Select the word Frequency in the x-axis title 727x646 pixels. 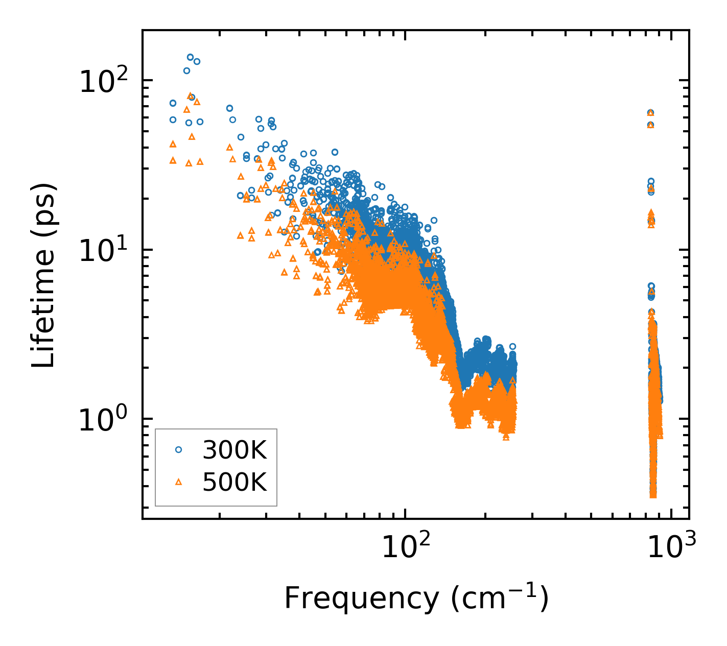tap(361, 599)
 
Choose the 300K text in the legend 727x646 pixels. tap(234, 450)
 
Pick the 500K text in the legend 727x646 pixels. tap(234, 482)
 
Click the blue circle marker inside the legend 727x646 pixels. tap(178, 449)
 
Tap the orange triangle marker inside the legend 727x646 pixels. tap(178, 482)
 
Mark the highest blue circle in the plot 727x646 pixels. tap(190, 57)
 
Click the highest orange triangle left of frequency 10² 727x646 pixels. tap(190, 95)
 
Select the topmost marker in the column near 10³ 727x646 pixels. tap(650, 112)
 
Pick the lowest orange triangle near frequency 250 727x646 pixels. tap(506, 437)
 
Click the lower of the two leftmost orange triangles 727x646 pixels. tap(173, 160)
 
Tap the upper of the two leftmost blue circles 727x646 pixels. tap(173, 103)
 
